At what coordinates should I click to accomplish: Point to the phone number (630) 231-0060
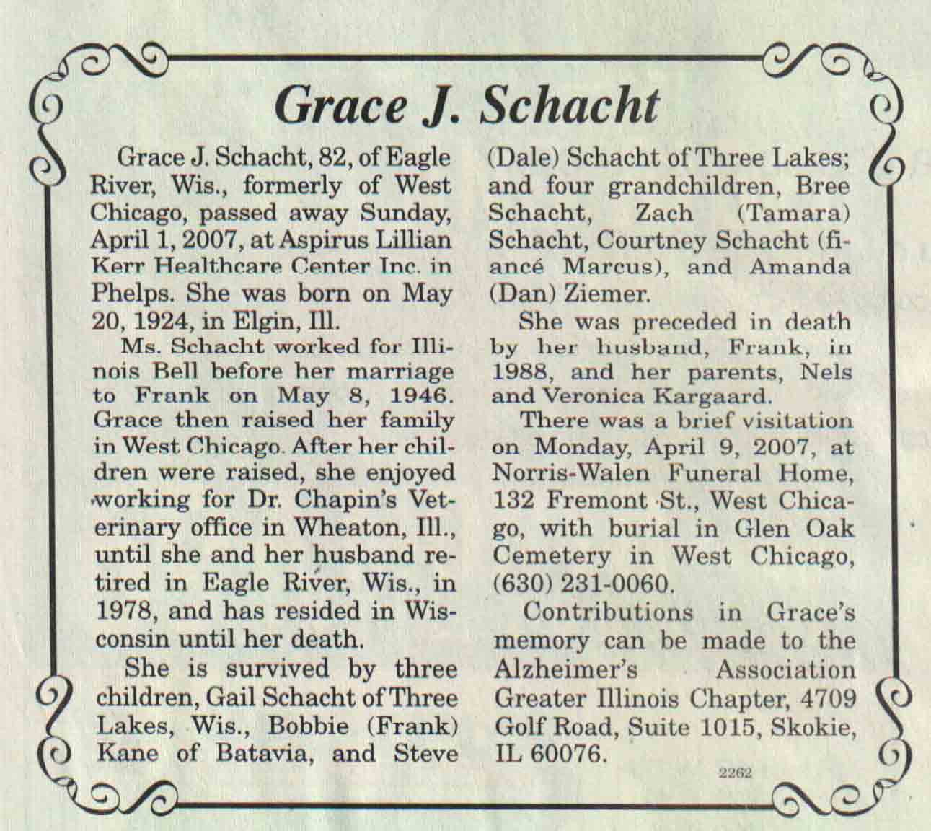[x=582, y=584]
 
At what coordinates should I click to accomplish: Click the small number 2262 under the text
[x=736, y=773]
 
